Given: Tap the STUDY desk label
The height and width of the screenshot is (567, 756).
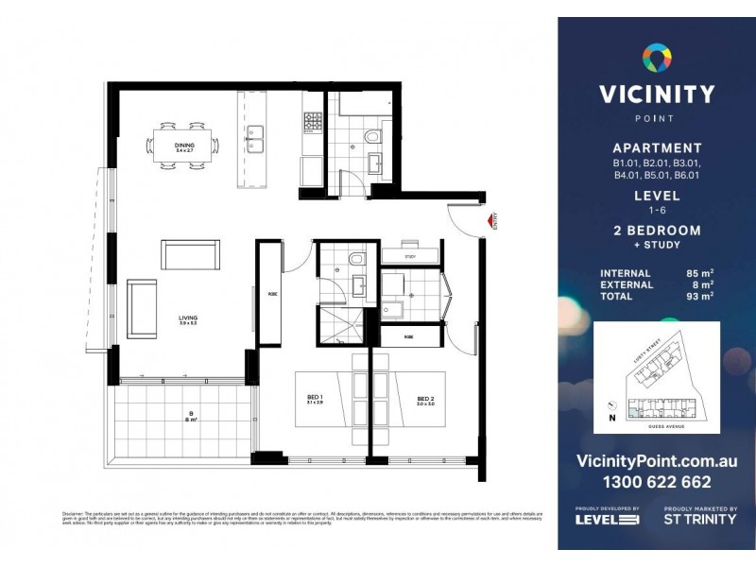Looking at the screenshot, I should [409, 256].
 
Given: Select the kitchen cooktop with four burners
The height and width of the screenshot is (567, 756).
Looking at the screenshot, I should [313, 121].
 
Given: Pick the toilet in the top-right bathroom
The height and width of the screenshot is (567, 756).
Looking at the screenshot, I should [371, 142].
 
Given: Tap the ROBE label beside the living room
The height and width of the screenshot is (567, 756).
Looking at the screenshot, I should [271, 294].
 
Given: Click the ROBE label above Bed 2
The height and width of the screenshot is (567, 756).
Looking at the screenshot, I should [408, 336].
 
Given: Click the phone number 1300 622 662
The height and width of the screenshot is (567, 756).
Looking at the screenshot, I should [656, 482].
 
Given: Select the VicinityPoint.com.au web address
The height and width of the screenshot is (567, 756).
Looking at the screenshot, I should [656, 461].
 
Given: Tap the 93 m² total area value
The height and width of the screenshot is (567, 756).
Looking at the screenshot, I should [699, 296].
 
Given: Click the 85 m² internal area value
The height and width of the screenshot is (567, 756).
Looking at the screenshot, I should [699, 274].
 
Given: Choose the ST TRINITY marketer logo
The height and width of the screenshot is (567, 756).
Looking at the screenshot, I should [700, 518].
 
